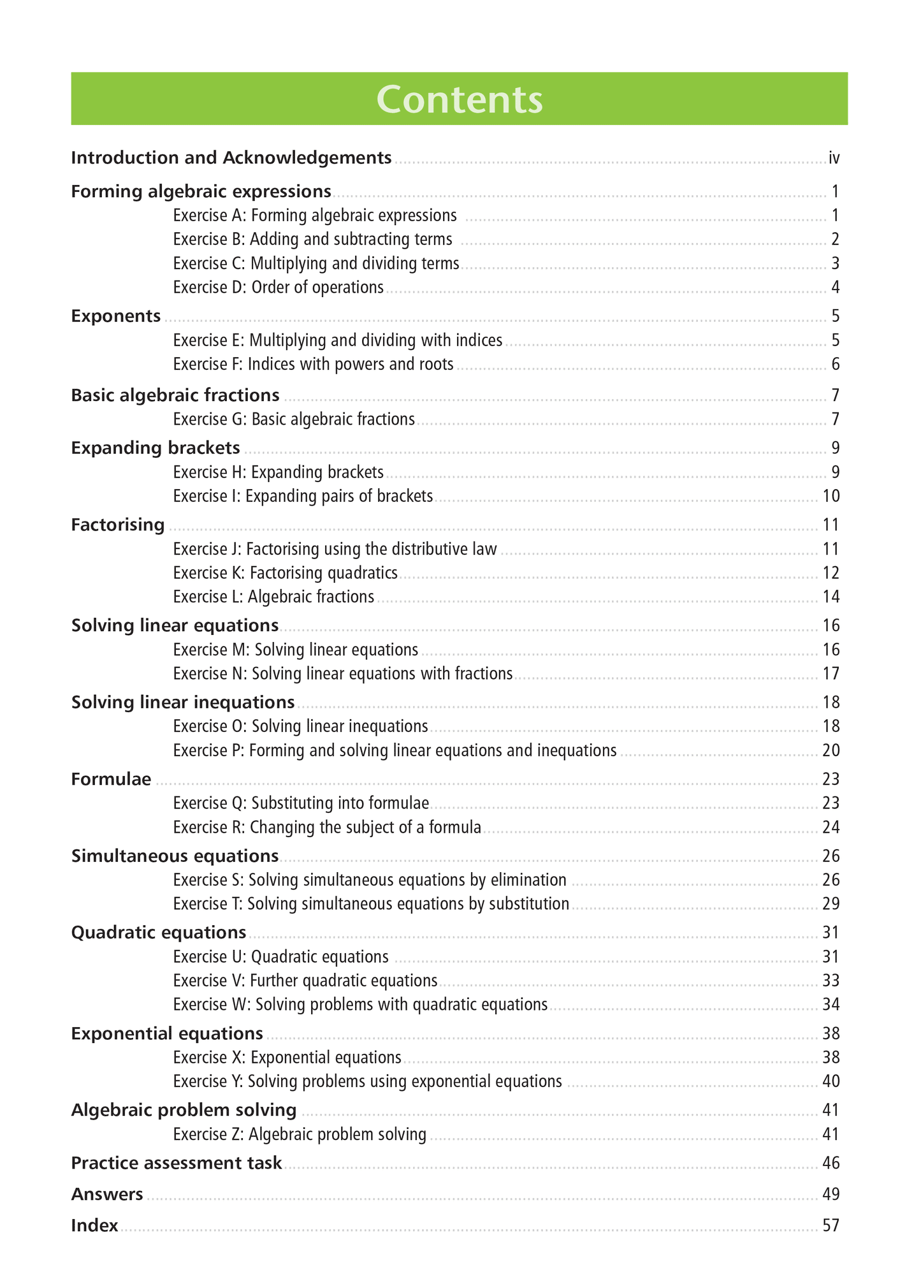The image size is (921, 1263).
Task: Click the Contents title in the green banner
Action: pyautogui.click(x=459, y=99)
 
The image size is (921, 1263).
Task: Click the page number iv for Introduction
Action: pyautogui.click(x=834, y=158)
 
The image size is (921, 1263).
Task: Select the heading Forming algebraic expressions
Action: pyautogui.click(x=201, y=191)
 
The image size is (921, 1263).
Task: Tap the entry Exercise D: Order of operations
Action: pyautogui.click(x=278, y=288)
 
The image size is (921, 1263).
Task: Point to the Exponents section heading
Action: pyautogui.click(x=115, y=316)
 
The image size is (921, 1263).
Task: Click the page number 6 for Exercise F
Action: pyautogui.click(x=835, y=365)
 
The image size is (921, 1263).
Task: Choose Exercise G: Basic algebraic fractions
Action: pyautogui.click(x=294, y=420)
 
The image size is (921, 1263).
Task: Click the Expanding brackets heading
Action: pyautogui.click(x=156, y=448)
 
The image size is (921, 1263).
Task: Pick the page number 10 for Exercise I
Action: pyautogui.click(x=830, y=496)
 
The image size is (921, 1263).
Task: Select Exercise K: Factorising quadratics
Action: pyautogui.click(x=285, y=573)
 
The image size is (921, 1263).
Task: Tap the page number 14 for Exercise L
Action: pyautogui.click(x=830, y=597)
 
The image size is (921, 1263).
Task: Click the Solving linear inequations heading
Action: pyautogui.click(x=183, y=703)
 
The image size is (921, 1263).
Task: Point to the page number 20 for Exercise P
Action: pyautogui.click(x=830, y=750)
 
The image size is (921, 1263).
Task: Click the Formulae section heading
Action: pyautogui.click(x=111, y=779)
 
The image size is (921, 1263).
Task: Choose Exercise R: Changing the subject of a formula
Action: pyautogui.click(x=327, y=828)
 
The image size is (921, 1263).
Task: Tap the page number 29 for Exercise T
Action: pyautogui.click(x=830, y=904)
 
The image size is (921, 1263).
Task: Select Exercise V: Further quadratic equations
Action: pyautogui.click(x=305, y=981)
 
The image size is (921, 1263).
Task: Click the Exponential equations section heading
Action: pyautogui.click(x=167, y=1033)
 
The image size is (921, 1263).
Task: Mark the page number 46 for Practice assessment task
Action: pyautogui.click(x=830, y=1164)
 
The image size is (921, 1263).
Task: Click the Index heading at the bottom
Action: pyautogui.click(x=94, y=1225)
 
